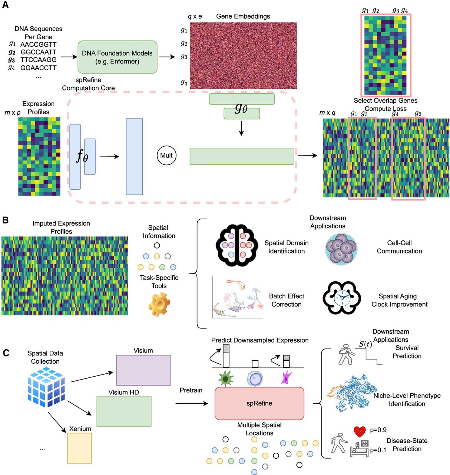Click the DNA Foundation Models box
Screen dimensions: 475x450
pos(117,57)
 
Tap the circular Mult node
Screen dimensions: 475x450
pos(166,155)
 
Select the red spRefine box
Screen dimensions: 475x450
pos(259,403)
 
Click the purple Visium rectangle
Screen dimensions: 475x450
pos(143,370)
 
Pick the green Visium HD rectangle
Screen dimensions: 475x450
pos(124,411)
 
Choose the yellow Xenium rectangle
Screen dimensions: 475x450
pos(79,448)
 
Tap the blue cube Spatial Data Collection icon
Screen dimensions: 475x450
pos(46,386)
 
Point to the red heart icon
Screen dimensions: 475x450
pos(360,431)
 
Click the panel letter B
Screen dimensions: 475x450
pos(6,220)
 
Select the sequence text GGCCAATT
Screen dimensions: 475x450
pos(38,52)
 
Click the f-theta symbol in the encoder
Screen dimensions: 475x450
pos(82,156)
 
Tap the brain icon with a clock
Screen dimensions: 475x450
pos(341,298)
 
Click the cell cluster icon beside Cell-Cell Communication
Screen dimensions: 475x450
pos(341,249)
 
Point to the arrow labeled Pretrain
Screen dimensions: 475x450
pos(191,403)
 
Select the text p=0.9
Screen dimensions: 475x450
pos(378,430)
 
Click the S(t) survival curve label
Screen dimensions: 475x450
pos(365,344)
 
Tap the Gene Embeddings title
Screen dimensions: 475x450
pos(243,16)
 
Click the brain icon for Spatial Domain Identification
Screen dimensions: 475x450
pos(237,245)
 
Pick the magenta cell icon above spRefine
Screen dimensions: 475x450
pos(286,377)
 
